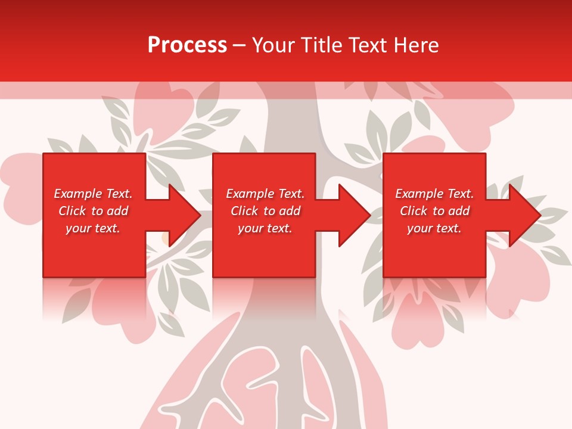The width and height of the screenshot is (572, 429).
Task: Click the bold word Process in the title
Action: [x=187, y=45]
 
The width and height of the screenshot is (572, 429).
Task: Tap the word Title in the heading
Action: [x=322, y=45]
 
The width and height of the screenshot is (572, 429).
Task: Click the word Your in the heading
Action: [x=274, y=45]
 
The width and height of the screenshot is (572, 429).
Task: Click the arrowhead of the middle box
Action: [x=353, y=215]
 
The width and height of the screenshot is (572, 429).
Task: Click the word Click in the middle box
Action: [x=243, y=211]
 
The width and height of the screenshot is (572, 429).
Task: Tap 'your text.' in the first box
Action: [x=93, y=228]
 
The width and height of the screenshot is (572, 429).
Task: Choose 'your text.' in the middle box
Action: [x=265, y=228]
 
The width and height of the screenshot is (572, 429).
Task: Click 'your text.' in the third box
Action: [x=434, y=228]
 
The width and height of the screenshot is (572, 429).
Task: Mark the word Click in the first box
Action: [x=71, y=211]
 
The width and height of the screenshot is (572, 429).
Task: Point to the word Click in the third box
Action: [x=413, y=211]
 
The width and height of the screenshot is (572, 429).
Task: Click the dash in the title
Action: [x=239, y=45]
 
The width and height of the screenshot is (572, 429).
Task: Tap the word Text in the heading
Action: [x=368, y=45]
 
